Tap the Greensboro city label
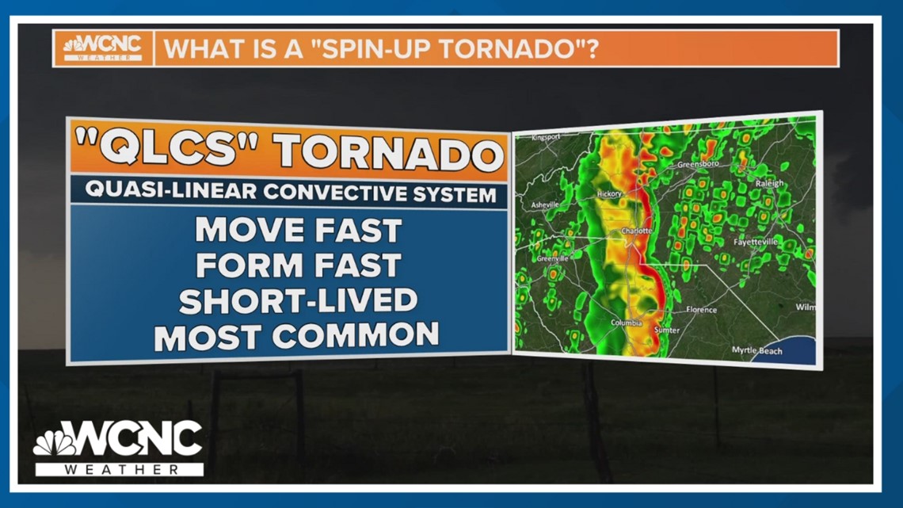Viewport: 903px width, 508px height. pos(697,165)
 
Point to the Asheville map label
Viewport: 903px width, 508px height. pos(545,204)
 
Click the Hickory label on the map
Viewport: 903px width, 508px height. pos(609,193)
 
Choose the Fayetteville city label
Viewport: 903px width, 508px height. pos(756,241)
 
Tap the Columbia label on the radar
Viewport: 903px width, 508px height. pos(626,323)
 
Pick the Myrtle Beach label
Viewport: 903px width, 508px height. pos(757,350)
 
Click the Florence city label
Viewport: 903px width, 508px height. pos(701,310)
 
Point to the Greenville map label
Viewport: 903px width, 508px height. pos(552,258)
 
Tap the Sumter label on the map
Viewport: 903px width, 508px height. pos(667,329)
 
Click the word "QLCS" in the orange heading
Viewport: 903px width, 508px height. pos(158,149)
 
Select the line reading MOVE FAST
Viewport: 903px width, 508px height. pos(299,231)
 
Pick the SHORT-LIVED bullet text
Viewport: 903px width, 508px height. pos(298,301)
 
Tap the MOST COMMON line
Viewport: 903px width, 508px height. pos(296,336)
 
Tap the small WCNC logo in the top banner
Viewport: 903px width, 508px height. pos(102,48)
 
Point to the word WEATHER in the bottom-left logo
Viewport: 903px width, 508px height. pos(119,469)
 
